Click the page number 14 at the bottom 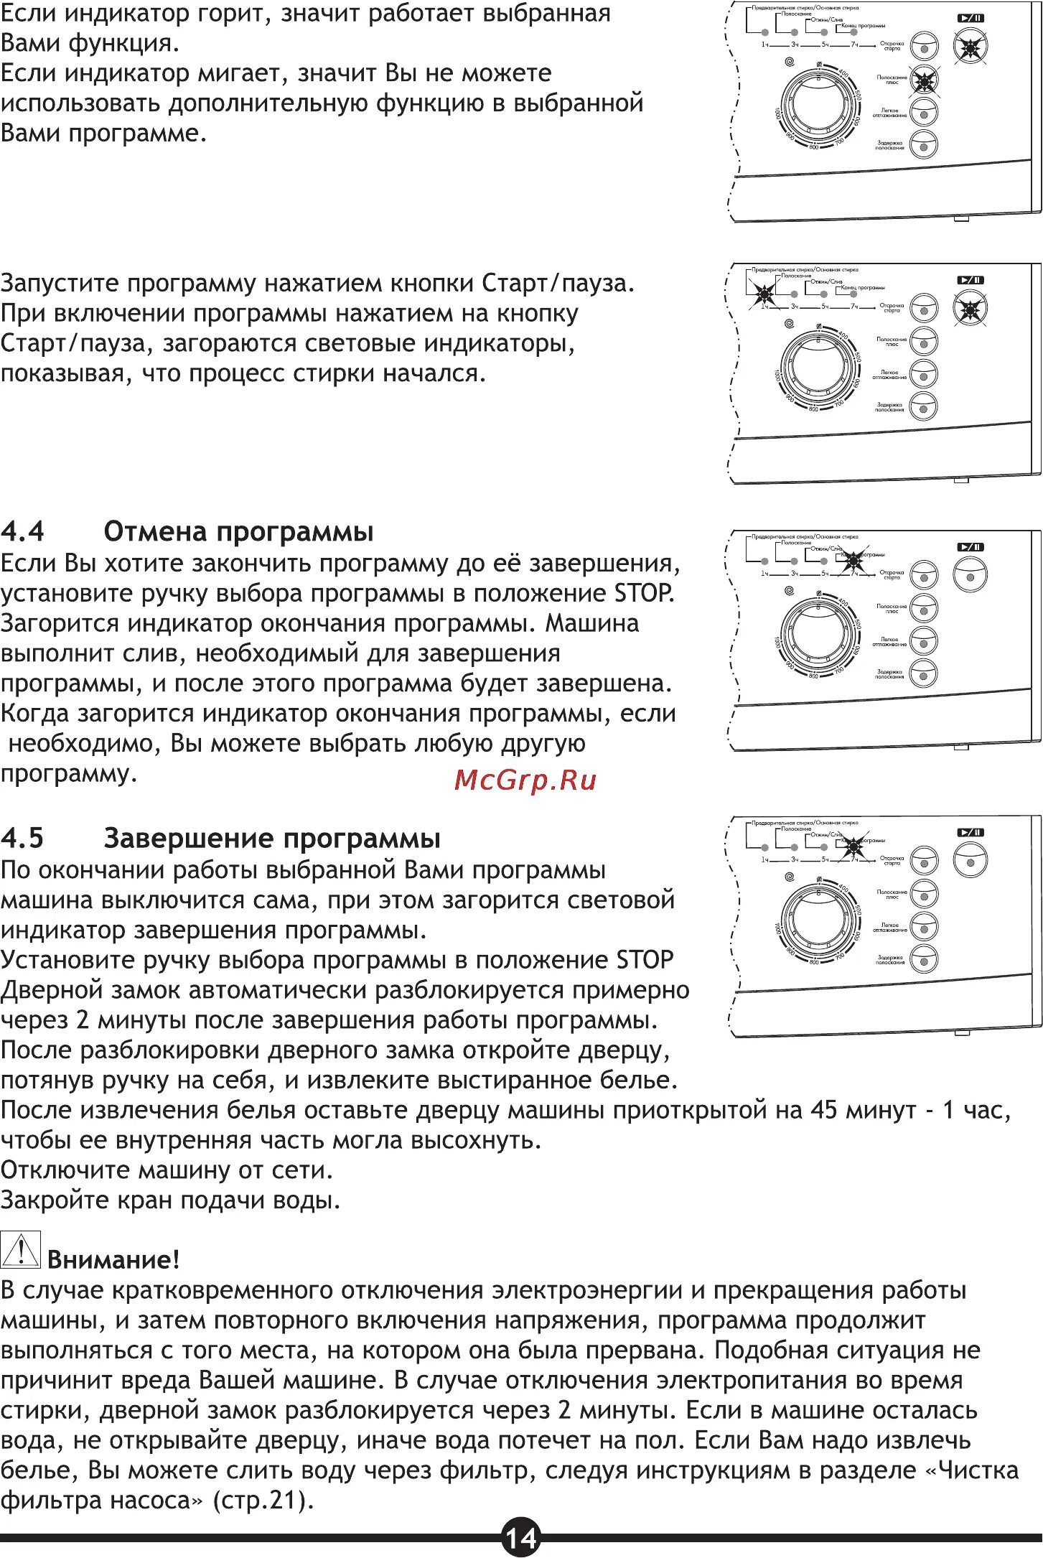[x=520, y=1538]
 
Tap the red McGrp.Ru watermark [x=525, y=780]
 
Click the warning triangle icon [x=20, y=1249]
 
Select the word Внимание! [x=113, y=1259]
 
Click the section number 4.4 [x=22, y=532]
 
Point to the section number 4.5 [x=22, y=839]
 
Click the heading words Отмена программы [x=239, y=532]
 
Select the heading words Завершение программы [x=272, y=839]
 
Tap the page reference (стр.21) [x=263, y=1501]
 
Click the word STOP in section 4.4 [x=644, y=593]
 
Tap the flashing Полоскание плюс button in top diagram [x=924, y=81]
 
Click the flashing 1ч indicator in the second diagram [x=764, y=293]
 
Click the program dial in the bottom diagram [x=818, y=919]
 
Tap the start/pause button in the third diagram [x=970, y=576]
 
